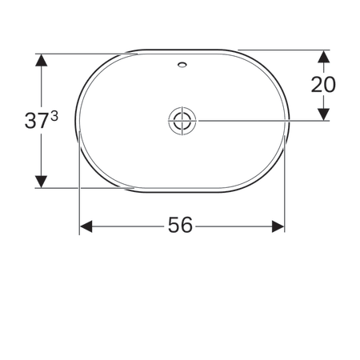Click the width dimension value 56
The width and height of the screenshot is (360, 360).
pyautogui.click(x=181, y=226)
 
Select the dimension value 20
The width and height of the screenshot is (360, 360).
pyautogui.click(x=324, y=85)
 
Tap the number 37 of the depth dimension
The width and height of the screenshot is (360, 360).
pyautogui.click(x=36, y=122)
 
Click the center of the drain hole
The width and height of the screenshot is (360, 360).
pyautogui.click(x=182, y=121)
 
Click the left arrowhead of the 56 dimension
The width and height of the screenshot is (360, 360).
pyautogui.click(x=86, y=226)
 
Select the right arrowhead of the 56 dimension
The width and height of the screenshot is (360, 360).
pyautogui.click(x=278, y=226)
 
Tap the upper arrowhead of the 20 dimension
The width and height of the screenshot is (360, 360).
pyautogui.click(x=323, y=57)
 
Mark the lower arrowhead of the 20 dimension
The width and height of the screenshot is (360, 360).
pyautogui.click(x=323, y=114)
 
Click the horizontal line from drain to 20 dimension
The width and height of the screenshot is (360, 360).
pyautogui.click(x=256, y=121)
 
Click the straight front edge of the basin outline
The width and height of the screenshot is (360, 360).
pyautogui.click(x=182, y=192)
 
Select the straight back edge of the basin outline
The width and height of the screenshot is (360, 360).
pyautogui.click(x=182, y=50)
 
